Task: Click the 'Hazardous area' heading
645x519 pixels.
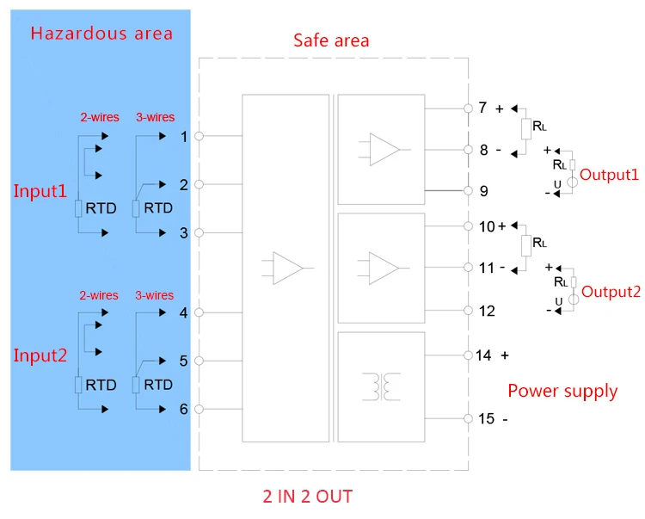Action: [101, 34]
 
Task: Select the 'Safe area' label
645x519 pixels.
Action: [331, 40]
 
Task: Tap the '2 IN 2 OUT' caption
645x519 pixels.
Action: [307, 497]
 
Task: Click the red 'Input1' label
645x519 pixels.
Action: [40, 190]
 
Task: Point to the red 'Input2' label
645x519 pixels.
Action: [40, 355]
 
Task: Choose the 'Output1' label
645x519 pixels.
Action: [609, 174]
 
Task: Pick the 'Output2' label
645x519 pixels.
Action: [611, 292]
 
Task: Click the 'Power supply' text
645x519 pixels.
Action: [562, 391]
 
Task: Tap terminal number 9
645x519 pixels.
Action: [483, 191]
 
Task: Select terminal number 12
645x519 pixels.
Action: [487, 310]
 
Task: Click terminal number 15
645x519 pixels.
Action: [487, 419]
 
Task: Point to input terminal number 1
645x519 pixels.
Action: [183, 136]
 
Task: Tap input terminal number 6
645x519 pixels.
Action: [183, 409]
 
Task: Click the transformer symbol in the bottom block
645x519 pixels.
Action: [380, 386]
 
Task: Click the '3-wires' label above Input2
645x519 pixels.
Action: [155, 295]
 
